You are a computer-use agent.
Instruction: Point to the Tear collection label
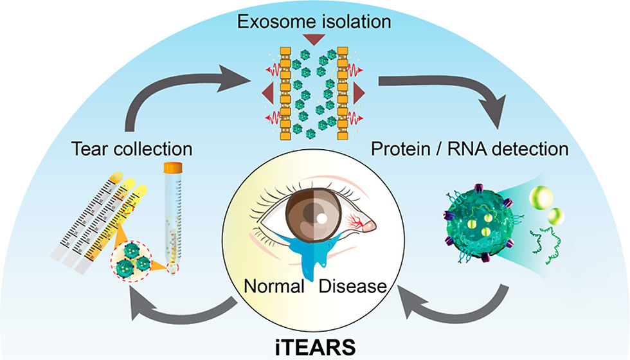132,149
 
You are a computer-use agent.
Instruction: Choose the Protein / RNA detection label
469,149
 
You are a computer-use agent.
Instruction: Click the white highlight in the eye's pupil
320,219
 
